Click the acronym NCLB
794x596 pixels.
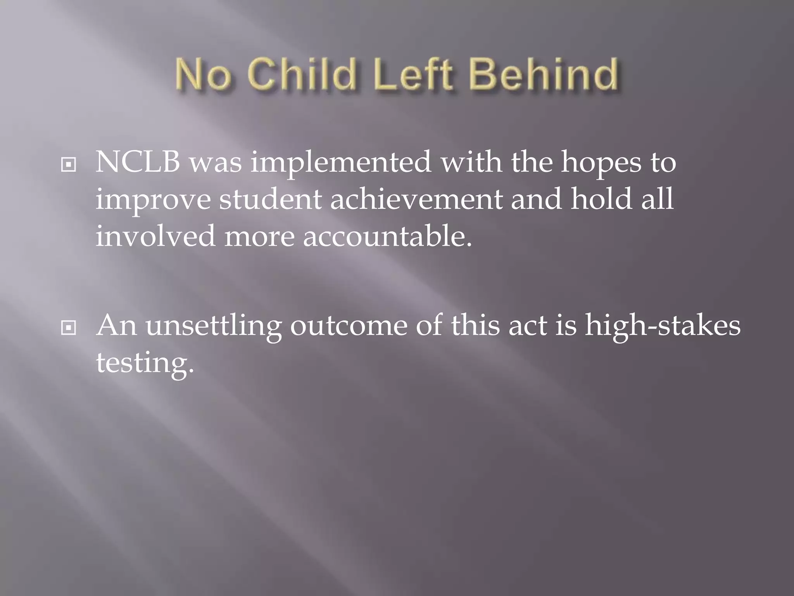[138, 162]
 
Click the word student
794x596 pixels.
[270, 199]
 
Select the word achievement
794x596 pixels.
[416, 199]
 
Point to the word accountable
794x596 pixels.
[387, 236]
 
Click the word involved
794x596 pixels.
[155, 236]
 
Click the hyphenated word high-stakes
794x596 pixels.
[663, 326]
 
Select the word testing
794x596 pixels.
[145, 363]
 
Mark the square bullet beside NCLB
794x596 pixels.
[69, 165]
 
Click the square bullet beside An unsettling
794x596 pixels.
[69, 328]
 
